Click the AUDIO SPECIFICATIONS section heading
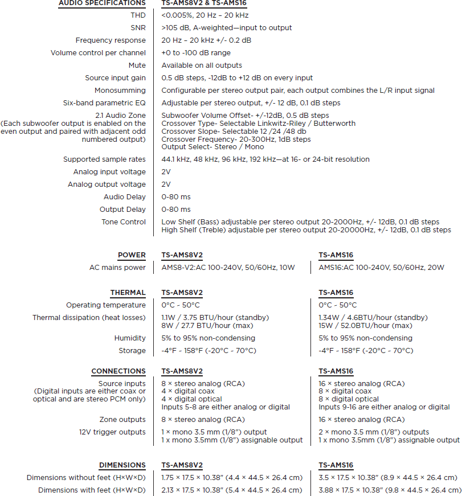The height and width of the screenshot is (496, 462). click(x=102, y=3)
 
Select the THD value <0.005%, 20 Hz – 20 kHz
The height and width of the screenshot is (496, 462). click(x=205, y=15)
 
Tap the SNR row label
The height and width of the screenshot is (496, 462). click(x=138, y=28)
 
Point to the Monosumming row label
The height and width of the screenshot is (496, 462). click(x=120, y=91)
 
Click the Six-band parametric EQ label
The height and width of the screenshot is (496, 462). click(x=104, y=103)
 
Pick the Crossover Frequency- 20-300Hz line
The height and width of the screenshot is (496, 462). click(x=236, y=139)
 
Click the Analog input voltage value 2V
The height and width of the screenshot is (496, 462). click(x=166, y=172)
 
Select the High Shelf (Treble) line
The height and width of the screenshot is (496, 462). click(x=306, y=230)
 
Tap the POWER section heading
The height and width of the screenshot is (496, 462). click(x=132, y=255)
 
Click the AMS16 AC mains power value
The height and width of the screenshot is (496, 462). click(x=381, y=268)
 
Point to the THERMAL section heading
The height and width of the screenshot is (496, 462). click(x=128, y=293)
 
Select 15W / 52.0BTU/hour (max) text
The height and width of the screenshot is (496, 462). click(x=365, y=326)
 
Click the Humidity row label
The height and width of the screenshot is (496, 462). click(x=130, y=338)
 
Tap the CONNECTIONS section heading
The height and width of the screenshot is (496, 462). click(x=118, y=371)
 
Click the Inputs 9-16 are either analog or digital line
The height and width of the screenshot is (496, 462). click(x=384, y=407)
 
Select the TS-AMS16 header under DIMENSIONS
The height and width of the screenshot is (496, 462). click(x=336, y=465)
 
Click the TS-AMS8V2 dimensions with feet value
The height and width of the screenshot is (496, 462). click(x=231, y=490)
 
